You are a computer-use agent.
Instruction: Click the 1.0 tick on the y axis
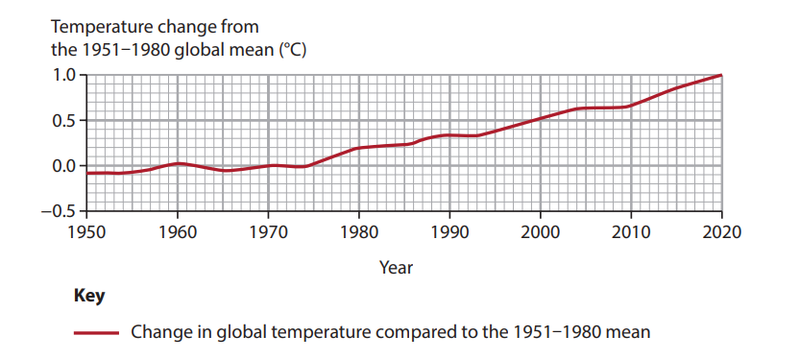(x=62, y=76)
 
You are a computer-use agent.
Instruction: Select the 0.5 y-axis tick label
(x=62, y=121)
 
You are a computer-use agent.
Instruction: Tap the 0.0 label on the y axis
(x=62, y=166)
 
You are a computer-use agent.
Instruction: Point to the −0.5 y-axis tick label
(x=58, y=210)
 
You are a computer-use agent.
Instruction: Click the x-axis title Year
(x=396, y=268)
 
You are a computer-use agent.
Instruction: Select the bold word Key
(x=89, y=296)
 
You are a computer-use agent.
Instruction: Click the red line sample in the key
(x=96, y=333)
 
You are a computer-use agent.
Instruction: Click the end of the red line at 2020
(x=720, y=76)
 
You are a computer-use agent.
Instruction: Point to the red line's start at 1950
(x=87, y=173)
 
